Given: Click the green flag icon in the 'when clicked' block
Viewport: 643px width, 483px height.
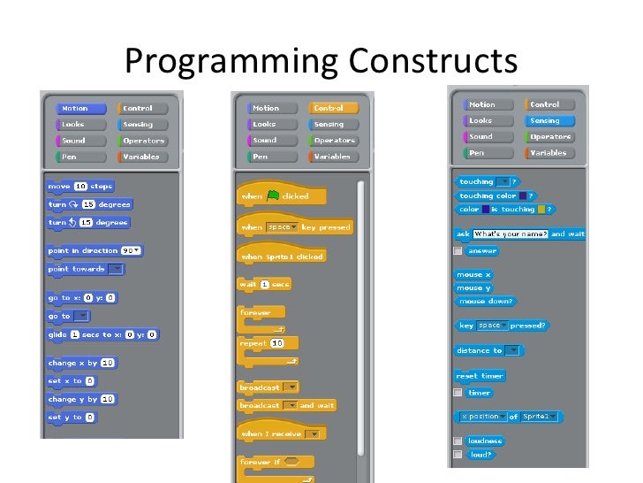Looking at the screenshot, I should click(273, 196).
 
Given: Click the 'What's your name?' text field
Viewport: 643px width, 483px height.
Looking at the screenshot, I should click(511, 234).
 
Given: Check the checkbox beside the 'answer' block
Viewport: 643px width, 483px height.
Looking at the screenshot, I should click(458, 251).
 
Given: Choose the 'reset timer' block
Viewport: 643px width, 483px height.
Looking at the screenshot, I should click(480, 376).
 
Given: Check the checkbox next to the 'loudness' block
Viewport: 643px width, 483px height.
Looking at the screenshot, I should click(458, 441).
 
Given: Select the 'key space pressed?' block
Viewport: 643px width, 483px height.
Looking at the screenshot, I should click(502, 326).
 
